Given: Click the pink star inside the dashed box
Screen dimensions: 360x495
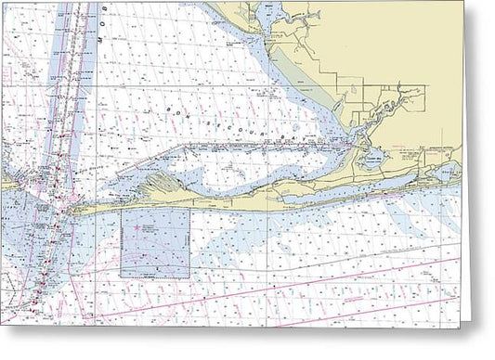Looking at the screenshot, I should [137, 227].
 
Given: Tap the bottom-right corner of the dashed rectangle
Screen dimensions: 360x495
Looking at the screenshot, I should [189, 277].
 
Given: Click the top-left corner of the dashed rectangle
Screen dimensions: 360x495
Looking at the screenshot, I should [121, 209].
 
